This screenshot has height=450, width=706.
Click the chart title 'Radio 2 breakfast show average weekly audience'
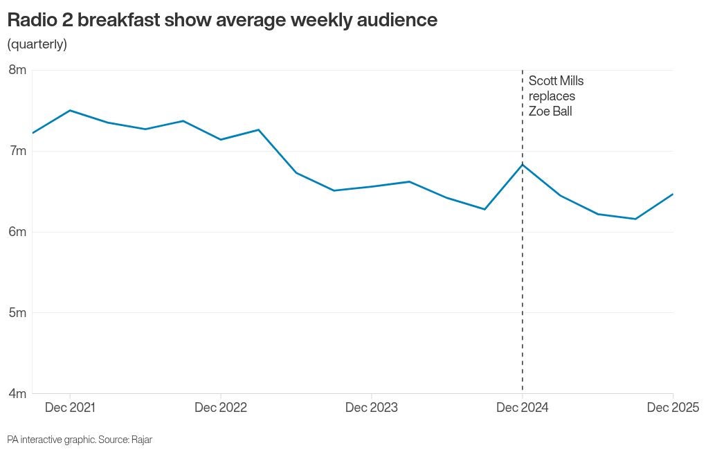click(222, 20)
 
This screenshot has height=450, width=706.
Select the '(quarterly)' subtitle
click(37, 44)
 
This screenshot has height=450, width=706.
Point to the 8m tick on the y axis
click(17, 70)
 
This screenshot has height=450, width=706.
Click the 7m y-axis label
click(17, 151)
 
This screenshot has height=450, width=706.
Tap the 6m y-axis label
click(17, 232)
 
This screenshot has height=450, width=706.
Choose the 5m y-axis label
click(17, 313)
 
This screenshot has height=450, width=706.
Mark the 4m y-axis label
click(17, 394)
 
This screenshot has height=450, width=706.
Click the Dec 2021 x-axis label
click(70, 408)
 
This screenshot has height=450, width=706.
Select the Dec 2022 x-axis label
click(220, 408)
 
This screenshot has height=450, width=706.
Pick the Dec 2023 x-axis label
click(372, 408)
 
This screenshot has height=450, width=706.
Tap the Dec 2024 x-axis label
click(522, 408)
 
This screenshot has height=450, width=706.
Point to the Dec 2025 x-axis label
click(673, 408)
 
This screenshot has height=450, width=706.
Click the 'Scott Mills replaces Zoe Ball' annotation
click(556, 96)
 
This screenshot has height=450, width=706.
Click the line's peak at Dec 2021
click(71, 110)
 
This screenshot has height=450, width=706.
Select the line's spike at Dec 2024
click(523, 164)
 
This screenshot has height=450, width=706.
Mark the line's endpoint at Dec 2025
click(673, 194)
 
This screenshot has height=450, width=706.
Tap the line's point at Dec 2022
click(221, 140)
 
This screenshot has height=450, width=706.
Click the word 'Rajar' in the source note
click(141, 440)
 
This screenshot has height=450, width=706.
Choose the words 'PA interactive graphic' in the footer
click(51, 440)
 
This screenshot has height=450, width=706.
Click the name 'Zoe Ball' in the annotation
click(550, 111)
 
